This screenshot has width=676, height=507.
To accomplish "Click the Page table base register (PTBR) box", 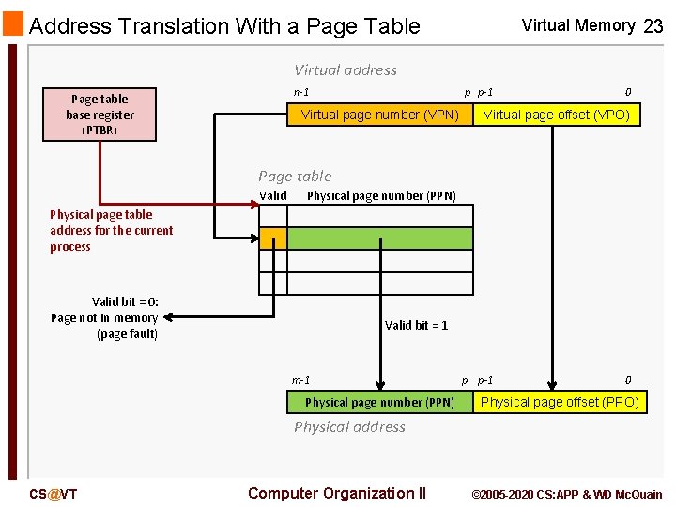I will coord(100,115).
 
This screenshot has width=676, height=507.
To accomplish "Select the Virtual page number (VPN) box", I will coord(379,115).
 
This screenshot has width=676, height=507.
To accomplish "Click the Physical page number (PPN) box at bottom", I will coord(379,402).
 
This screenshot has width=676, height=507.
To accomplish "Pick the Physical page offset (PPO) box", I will coord(560,402).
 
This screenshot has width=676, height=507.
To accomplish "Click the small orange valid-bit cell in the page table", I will coord(272,238).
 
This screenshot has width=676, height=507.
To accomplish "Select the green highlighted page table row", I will coord(380,238).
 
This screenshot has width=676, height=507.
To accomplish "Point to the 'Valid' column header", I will coord(272,195).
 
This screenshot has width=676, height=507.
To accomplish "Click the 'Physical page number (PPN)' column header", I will coord(381,195).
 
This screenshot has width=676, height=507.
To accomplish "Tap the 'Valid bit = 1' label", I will coord(416,325).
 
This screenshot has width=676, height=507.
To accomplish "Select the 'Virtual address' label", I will coord(345,69).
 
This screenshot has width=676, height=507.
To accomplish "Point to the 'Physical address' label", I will coord(349,426).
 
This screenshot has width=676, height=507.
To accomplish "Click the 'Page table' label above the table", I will coord(295,176).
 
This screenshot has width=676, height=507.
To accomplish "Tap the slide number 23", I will coord(653,26).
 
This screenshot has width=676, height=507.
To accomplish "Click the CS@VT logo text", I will coord(54,494).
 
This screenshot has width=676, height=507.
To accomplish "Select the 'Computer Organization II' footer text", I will coord(336,493).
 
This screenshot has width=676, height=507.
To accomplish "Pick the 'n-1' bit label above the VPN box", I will coord(301,92).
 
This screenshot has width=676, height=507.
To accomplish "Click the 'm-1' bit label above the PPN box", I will coord(301,380).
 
